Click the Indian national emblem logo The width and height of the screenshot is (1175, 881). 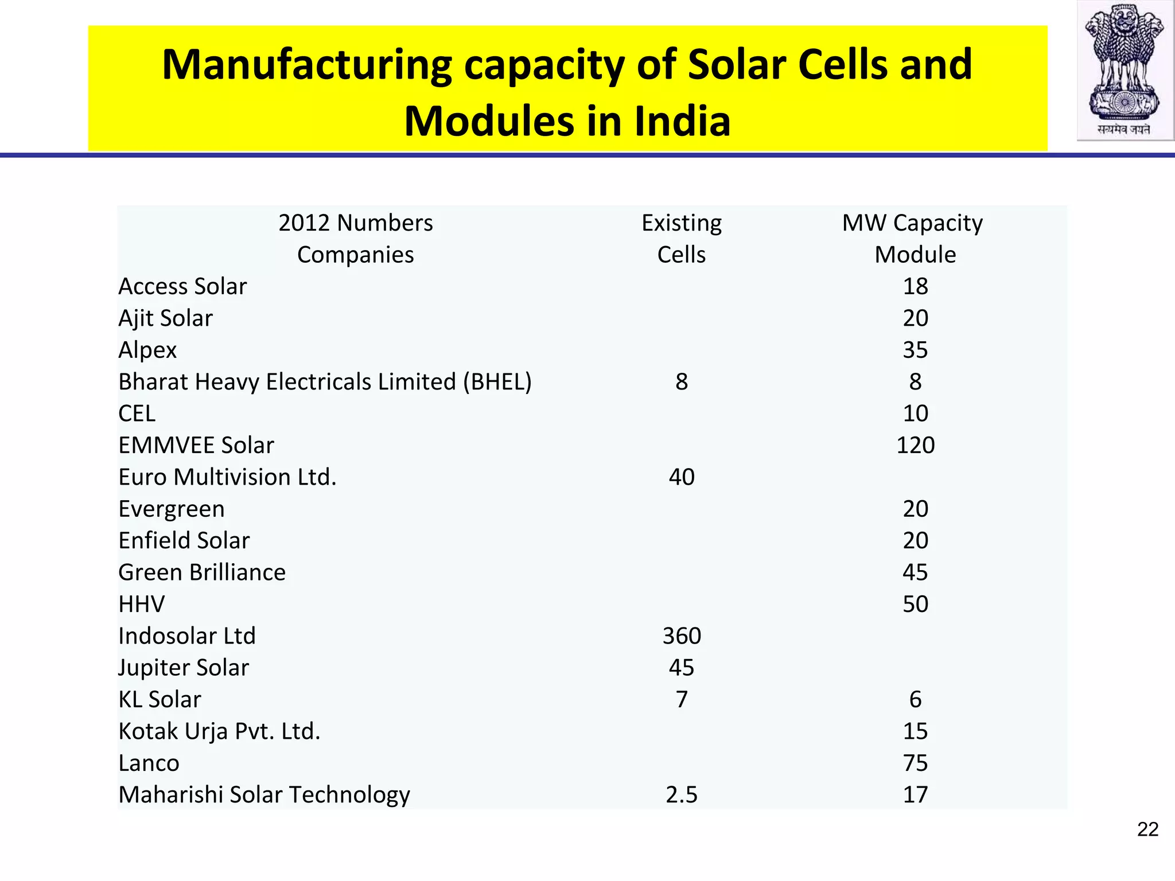coord(1125,70)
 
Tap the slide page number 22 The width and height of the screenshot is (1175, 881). coord(1147,829)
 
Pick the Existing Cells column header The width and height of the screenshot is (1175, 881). coord(681,238)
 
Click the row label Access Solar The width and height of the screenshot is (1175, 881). coord(182,286)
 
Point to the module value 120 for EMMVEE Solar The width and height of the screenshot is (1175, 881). coord(915,445)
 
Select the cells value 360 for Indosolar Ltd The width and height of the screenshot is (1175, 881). coord(681,636)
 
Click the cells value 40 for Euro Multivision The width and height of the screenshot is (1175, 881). coord(681,477)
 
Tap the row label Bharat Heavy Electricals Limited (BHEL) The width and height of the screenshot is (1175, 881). coord(325,382)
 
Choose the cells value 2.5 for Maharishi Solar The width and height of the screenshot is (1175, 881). coord(681,794)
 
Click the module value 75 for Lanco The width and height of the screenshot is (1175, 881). coord(915,763)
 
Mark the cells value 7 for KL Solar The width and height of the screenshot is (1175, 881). coord(681,699)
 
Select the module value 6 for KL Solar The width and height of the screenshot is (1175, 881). coord(915,699)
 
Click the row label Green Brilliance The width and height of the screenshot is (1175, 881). coord(202,572)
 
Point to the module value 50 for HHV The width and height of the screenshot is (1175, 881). coord(915,604)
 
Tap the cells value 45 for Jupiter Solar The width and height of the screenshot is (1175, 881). coord(681,668)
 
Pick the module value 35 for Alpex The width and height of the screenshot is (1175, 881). coord(915,350)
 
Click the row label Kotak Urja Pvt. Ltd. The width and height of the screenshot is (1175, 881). coord(219,731)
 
